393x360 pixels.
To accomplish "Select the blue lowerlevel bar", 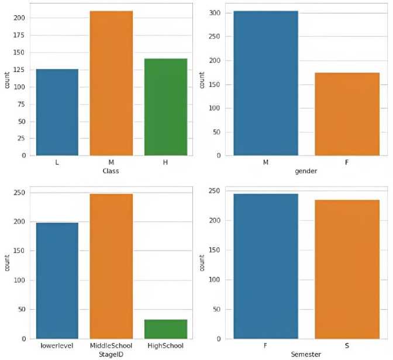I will (x=57, y=281).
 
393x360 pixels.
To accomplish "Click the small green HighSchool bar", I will (x=166, y=329).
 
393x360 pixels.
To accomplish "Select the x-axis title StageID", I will (x=111, y=354).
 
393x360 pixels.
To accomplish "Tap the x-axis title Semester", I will (x=306, y=354).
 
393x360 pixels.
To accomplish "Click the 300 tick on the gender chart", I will (x=218, y=13).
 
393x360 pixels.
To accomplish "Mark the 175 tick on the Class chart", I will (x=21, y=35).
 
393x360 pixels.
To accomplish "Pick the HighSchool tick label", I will (x=166, y=346).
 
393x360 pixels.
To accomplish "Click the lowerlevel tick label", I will (x=57, y=346).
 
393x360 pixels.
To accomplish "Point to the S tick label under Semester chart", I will (x=347, y=346).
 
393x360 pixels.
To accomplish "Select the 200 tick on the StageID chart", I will (x=21, y=221).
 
